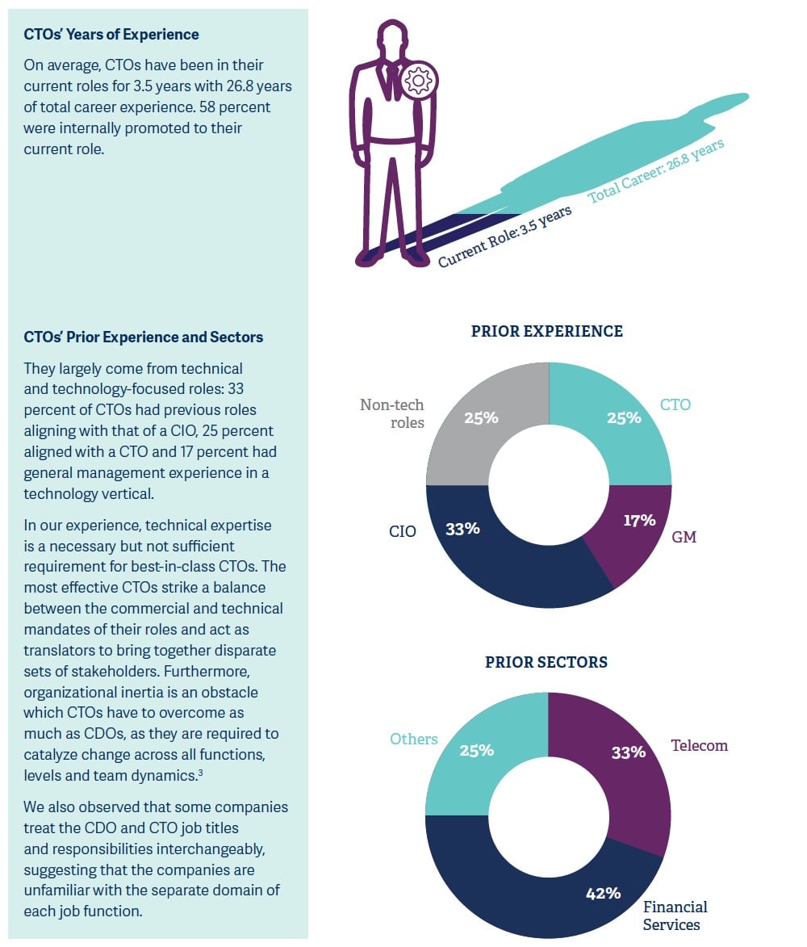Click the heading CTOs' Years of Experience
(x=111, y=35)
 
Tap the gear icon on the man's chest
(x=418, y=80)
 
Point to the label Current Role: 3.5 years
(x=505, y=236)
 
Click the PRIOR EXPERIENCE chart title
(x=546, y=331)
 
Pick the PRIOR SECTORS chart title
(x=546, y=662)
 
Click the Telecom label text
(x=699, y=745)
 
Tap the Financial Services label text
(x=675, y=916)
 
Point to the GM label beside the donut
(x=684, y=536)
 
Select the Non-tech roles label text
(x=392, y=413)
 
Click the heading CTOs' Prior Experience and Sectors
(x=144, y=337)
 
